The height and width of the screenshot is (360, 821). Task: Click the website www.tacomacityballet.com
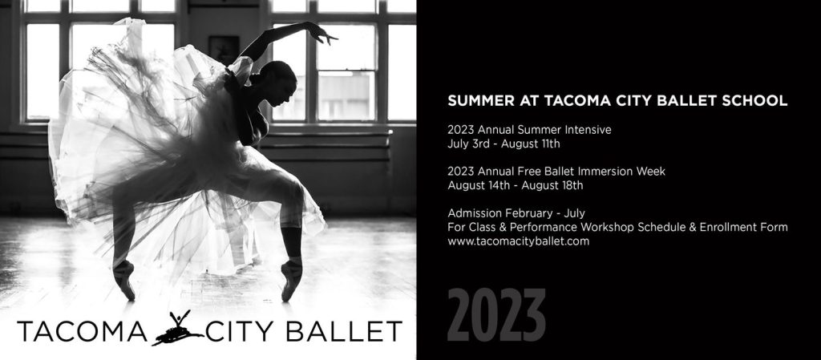point(519,242)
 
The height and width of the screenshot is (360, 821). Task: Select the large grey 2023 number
point(496,316)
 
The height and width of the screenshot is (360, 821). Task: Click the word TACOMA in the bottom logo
point(83,331)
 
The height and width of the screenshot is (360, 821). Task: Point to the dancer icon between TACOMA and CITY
point(177,329)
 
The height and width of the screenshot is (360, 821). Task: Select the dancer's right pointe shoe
point(124,280)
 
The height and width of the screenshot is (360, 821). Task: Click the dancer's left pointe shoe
point(291,280)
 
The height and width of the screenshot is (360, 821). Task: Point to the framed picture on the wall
point(224,51)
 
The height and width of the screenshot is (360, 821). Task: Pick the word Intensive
point(588,130)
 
